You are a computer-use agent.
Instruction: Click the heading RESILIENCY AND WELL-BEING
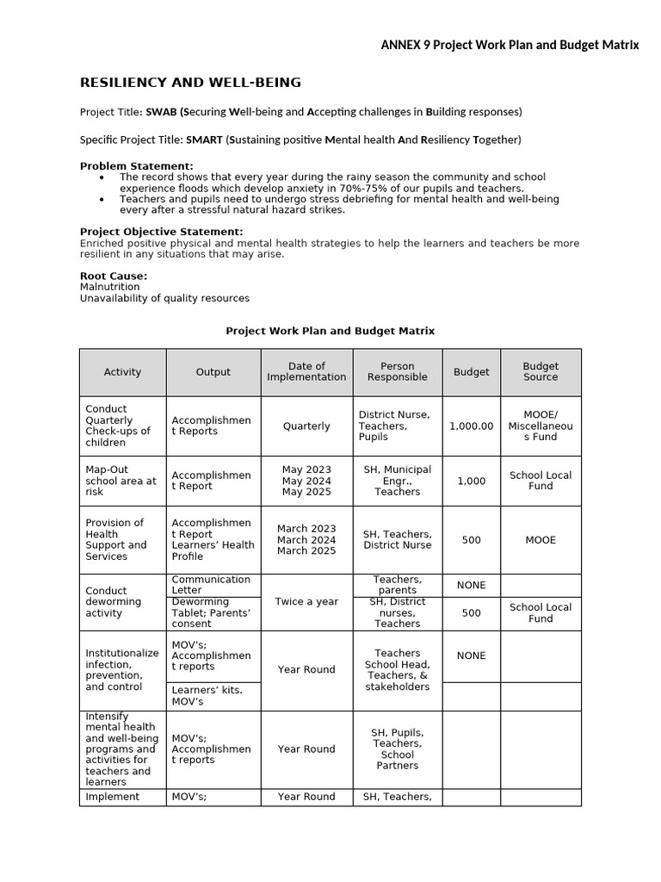click(190, 83)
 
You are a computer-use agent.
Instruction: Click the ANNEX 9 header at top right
click(510, 45)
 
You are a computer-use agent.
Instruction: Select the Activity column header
click(122, 372)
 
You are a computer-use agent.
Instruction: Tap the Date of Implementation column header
click(306, 372)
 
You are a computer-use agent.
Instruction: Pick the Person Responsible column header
click(397, 372)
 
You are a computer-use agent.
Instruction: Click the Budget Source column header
click(541, 372)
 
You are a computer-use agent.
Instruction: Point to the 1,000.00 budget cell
click(471, 425)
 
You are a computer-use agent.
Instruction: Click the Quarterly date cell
click(306, 425)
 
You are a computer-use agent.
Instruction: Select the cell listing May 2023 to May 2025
click(306, 481)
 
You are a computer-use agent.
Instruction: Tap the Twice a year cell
click(306, 601)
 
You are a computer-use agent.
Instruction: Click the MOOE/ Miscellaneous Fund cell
click(541, 425)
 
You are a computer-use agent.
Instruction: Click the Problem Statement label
click(136, 165)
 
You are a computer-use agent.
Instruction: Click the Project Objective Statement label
click(161, 232)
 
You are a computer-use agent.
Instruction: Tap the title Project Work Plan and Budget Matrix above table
click(330, 330)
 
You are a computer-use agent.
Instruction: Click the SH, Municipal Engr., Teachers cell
click(397, 481)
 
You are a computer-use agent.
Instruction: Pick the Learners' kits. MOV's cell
click(207, 695)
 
